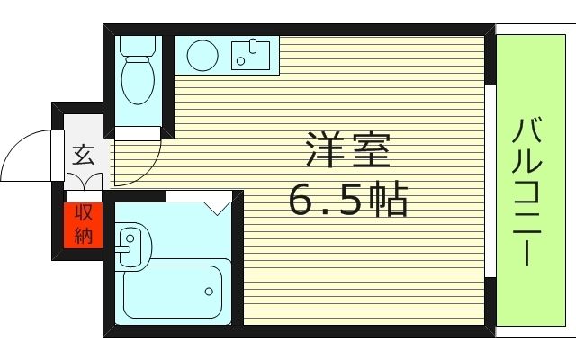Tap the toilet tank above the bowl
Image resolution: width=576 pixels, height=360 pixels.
coord(138,45)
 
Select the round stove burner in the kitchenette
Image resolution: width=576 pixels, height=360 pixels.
coord(202,55)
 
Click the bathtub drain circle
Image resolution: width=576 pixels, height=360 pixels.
coord(209,291)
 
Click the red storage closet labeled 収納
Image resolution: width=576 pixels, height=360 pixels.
coord(84,225)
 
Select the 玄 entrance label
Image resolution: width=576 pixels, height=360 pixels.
coord(83,155)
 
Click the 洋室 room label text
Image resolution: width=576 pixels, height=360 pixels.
coord(347,150)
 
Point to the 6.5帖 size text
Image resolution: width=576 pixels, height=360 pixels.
coord(347,200)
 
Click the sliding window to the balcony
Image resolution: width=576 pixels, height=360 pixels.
coord(490,180)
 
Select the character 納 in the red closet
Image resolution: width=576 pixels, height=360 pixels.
coord(84,236)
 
